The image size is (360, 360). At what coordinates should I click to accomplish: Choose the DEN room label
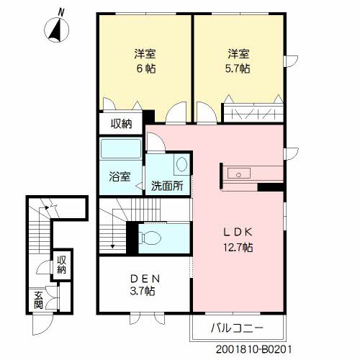pos(144,279)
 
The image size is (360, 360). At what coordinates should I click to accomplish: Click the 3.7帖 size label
pos(144,292)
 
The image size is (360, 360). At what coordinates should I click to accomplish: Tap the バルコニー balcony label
pos(237,328)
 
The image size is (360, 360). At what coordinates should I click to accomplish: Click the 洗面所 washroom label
pos(167,185)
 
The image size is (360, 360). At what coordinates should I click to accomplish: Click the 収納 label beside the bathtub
pos(121,123)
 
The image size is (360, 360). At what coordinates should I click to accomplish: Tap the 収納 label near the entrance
pos(62,265)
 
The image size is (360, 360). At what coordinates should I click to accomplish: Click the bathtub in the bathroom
pos(120,151)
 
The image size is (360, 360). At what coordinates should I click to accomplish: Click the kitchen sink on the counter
pos(238,174)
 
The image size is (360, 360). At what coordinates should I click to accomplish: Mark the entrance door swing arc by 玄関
pos(42,324)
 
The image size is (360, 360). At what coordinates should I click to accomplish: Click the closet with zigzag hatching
pos(253,114)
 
